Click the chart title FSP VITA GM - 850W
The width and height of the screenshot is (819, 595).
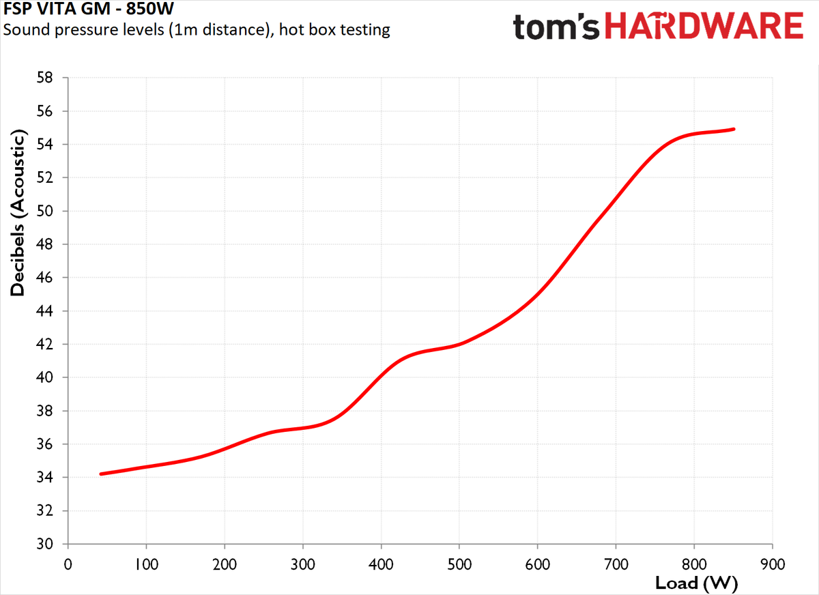point(88,8)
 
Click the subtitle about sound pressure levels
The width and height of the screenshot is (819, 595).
point(197,29)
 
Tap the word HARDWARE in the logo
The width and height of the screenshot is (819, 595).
point(704,25)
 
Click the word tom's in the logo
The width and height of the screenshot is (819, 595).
point(556,27)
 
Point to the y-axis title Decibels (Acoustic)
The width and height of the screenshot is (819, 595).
point(17,213)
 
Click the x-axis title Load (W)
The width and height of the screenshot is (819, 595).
point(697,583)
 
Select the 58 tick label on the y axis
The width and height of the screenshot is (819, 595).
point(44,78)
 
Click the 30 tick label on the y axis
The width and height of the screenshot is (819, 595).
point(44,544)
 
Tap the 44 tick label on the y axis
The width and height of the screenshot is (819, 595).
point(44,311)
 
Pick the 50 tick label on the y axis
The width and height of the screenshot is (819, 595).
point(44,211)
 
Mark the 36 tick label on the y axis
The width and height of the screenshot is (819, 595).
point(44,444)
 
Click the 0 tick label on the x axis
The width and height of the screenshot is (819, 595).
point(68,565)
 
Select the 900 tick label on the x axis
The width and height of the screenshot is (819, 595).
point(773,565)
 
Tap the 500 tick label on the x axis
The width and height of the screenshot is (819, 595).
point(459,565)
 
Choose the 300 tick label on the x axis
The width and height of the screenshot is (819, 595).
point(303,565)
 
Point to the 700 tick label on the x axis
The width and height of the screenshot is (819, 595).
point(616,565)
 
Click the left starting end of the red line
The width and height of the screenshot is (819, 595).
point(101,474)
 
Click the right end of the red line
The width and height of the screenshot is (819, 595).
point(734,129)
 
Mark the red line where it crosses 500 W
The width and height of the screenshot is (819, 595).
point(459,345)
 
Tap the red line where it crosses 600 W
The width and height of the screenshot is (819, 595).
point(538,293)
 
